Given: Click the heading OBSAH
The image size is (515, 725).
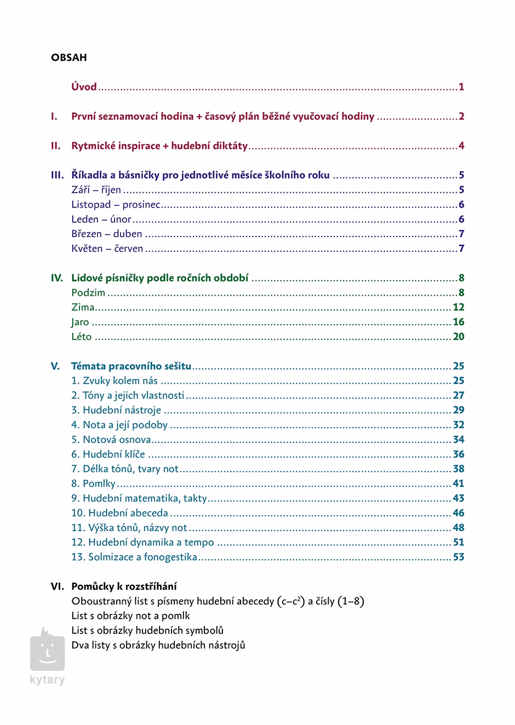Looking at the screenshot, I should [68, 57].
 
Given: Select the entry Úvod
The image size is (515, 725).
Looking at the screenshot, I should [84, 87].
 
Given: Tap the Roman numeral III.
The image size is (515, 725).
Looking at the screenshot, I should [58, 175].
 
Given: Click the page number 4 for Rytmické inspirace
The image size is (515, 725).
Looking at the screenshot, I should [461, 146].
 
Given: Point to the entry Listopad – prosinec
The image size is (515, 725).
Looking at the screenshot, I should [116, 205].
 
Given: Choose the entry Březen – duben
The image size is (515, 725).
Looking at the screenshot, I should [107, 234].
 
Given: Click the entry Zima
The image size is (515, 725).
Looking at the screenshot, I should [83, 307].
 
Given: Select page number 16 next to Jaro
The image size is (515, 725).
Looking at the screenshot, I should [459, 322].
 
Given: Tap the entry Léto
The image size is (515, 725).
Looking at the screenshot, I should [82, 337].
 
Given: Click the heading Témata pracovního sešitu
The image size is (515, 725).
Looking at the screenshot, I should [131, 366].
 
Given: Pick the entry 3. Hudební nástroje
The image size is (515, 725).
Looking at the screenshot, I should [116, 410].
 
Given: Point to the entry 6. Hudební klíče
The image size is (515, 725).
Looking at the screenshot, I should [108, 454].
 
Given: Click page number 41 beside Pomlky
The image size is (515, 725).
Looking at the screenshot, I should [459, 484].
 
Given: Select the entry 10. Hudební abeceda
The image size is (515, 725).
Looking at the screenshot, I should [120, 513].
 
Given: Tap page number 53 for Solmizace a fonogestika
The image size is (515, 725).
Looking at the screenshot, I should [459, 557].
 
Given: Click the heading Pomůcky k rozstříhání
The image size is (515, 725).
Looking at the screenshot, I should [124, 586].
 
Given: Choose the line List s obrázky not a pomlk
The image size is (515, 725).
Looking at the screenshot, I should [130, 615].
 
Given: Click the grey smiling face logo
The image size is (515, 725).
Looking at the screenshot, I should [48, 651].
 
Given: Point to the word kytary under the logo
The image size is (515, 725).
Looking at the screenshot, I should [48, 680].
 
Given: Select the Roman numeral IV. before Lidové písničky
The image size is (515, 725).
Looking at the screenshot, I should [57, 278].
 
